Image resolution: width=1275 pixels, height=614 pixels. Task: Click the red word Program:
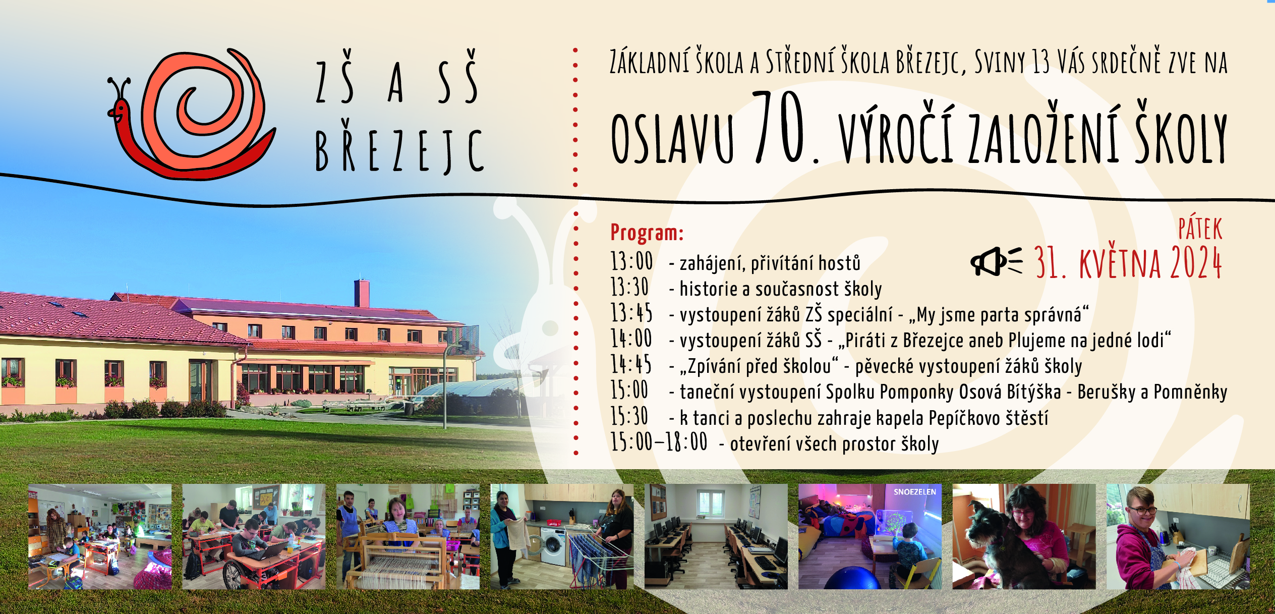tap(647, 232)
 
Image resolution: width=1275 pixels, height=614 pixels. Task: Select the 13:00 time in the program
tap(632, 261)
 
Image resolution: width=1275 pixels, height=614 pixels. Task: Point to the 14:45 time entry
tap(631, 364)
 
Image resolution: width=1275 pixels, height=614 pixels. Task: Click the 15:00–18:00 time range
tap(659, 442)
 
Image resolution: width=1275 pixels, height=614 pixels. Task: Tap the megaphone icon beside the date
tap(996, 261)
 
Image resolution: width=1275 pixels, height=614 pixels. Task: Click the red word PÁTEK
tap(1200, 229)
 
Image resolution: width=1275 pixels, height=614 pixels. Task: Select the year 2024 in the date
tap(1196, 262)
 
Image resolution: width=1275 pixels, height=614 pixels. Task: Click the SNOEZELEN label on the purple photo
tap(915, 492)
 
